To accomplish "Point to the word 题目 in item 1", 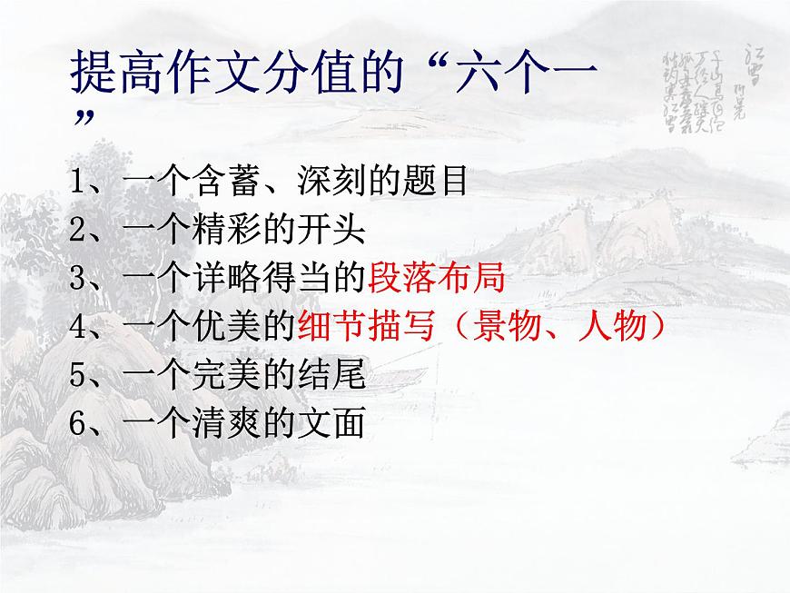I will click(438, 183).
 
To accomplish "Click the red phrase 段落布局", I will click(437, 279).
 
